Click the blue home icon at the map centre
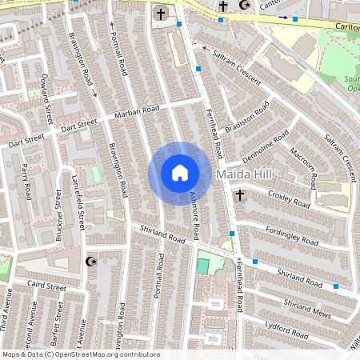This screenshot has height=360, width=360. (x=179, y=173)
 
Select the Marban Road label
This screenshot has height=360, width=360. (x=137, y=110)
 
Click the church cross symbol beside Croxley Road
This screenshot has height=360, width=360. (x=239, y=194)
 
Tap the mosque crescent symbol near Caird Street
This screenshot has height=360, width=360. (x=90, y=261)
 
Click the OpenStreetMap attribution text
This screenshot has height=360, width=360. (x=80, y=354)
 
